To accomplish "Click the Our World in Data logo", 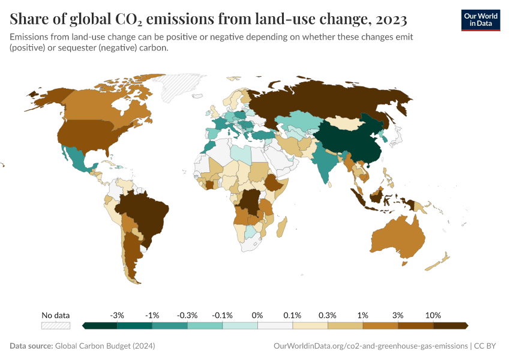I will [480, 20].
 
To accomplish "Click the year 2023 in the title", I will [388, 20].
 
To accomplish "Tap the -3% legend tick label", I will [117, 315].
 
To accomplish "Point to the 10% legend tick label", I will [433, 315].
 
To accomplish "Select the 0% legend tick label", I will [257, 315].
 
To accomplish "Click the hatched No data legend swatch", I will [55, 325].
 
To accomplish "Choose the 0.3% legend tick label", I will [328, 315].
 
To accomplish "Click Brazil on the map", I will [144, 213].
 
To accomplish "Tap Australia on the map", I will [397, 240].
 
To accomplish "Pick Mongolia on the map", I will [346, 122].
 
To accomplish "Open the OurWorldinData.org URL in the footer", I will [370, 346].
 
